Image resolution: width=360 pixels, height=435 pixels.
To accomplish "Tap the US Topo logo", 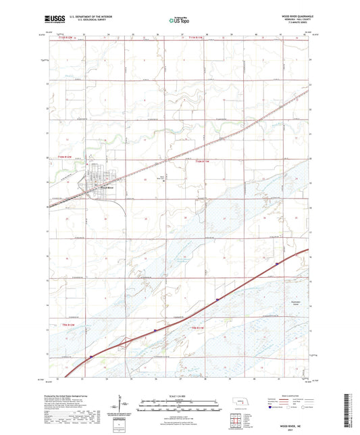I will click(x=180, y=20).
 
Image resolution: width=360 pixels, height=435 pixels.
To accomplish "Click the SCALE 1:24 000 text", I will click(x=180, y=395).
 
